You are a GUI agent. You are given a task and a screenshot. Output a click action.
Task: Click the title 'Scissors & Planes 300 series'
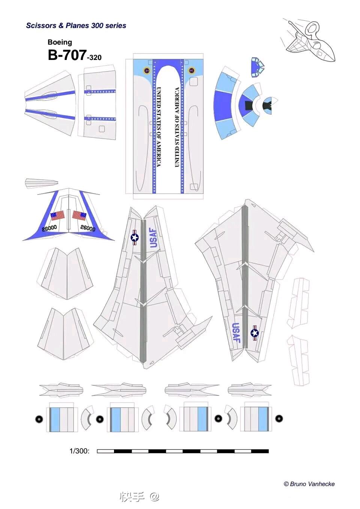76,25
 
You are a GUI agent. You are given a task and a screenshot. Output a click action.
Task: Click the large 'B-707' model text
67,55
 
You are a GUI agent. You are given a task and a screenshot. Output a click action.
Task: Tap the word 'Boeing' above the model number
60,42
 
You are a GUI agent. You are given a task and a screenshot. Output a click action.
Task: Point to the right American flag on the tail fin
79,216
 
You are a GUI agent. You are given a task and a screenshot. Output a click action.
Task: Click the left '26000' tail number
49,228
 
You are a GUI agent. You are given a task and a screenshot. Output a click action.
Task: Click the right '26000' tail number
88,228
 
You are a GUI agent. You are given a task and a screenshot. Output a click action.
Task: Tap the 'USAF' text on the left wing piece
154,238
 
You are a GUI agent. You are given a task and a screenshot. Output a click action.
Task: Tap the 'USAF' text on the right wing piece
236,332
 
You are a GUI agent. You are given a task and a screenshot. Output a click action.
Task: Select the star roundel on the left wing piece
135,238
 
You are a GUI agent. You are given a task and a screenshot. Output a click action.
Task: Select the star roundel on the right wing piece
255,333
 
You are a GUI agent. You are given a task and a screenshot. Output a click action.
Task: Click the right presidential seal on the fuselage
191,70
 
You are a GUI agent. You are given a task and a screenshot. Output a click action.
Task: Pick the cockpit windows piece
258,66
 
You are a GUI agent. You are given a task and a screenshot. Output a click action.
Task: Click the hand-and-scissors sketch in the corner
308,41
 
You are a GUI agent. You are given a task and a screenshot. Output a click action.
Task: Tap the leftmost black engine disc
39,419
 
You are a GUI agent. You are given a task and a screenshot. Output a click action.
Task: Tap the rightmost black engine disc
279,418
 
